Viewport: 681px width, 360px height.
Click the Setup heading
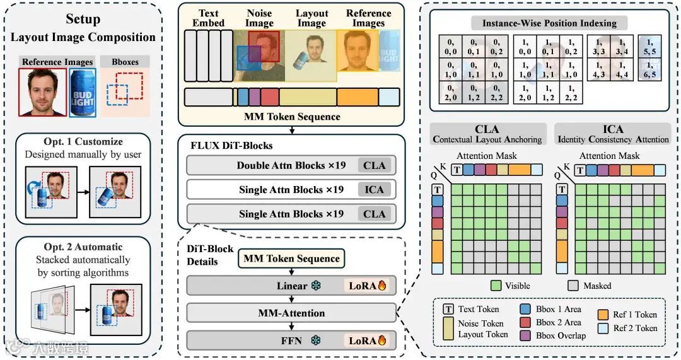click(82, 19)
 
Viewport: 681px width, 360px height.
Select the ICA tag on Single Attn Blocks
click(374, 190)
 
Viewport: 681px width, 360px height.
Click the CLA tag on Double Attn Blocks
click(374, 166)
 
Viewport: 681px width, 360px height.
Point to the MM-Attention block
click(291, 313)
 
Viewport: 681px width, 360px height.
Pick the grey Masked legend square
click(573, 285)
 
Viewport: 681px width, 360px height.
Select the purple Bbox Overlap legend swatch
click(525, 335)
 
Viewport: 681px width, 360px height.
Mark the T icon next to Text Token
click(449, 309)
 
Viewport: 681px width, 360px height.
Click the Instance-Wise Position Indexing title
click(549, 23)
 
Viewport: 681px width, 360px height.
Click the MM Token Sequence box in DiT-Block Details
click(291, 258)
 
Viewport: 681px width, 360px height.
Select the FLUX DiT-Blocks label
click(231, 145)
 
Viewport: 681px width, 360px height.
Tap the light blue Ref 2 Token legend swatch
click(602, 328)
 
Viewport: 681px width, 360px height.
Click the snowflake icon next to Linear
click(318, 286)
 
